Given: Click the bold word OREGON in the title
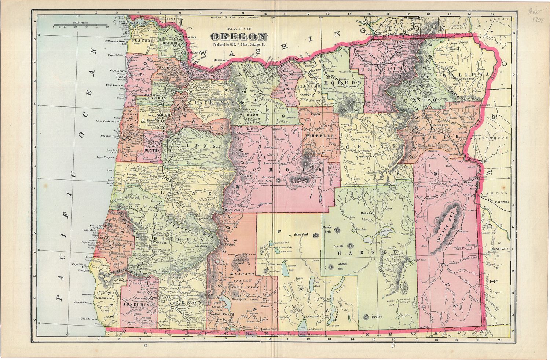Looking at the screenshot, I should point(238,37).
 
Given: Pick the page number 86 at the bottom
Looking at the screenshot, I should point(146,346).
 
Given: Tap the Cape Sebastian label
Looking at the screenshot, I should point(82,302).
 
